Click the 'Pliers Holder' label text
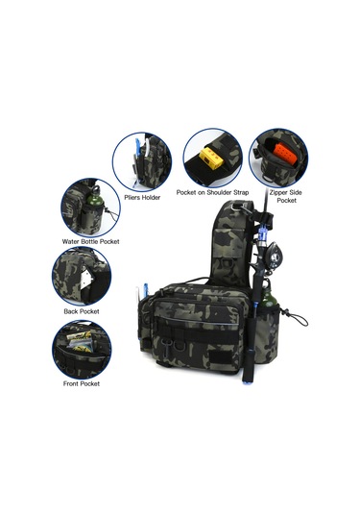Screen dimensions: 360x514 tap(142, 197)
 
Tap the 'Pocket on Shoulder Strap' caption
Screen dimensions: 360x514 tap(212, 192)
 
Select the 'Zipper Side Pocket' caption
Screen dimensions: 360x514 tap(286, 196)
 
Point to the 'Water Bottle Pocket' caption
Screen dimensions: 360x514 tap(91, 241)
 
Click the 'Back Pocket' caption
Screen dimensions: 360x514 tap(82, 311)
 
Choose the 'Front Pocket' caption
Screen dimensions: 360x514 tap(82, 383)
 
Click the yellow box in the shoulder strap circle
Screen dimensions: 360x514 tap(211, 157)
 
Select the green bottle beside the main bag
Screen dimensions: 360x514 tap(270, 297)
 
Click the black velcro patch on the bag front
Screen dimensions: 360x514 tap(220, 358)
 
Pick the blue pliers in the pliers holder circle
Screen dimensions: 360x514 tap(138, 154)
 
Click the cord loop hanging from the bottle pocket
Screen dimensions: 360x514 tap(298, 319)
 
